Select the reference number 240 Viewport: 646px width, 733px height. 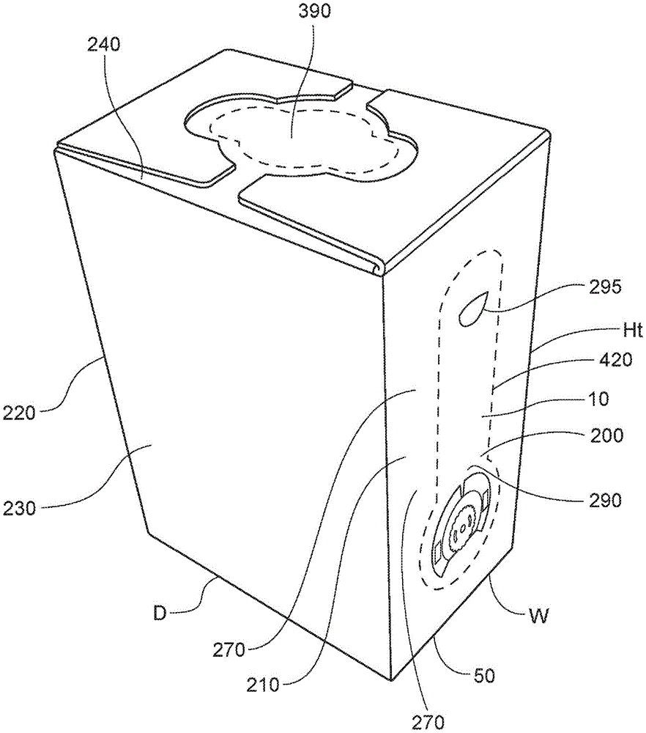[104, 44]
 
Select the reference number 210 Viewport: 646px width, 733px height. [262, 687]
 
